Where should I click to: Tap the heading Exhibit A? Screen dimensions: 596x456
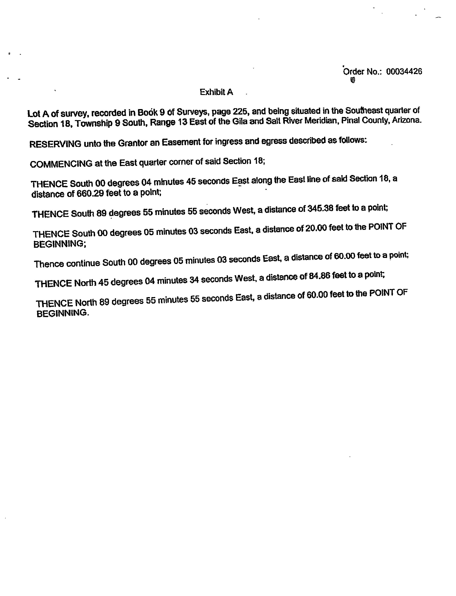216,92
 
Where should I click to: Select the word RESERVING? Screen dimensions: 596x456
55,144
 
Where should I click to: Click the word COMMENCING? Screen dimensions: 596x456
61,164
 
